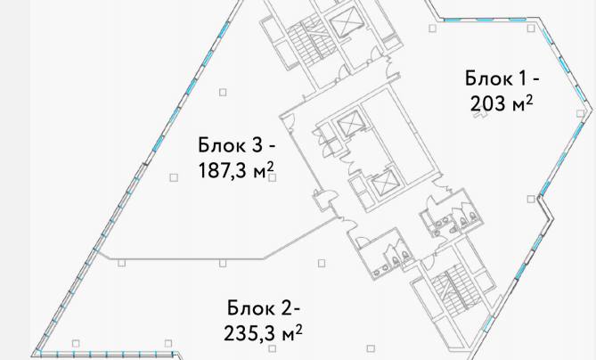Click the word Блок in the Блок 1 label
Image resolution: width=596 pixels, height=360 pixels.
pyautogui.click(x=485, y=78)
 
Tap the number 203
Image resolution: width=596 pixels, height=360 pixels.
pyautogui.click(x=486, y=103)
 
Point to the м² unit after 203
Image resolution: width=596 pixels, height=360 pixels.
pyautogui.click(x=522, y=103)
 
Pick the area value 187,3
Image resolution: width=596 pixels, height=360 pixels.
pyautogui.click(x=222, y=170)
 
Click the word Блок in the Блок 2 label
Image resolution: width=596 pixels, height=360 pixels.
pyautogui.click(x=250, y=309)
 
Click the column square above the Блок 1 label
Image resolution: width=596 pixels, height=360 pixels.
pyautogui.click(x=433, y=29)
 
